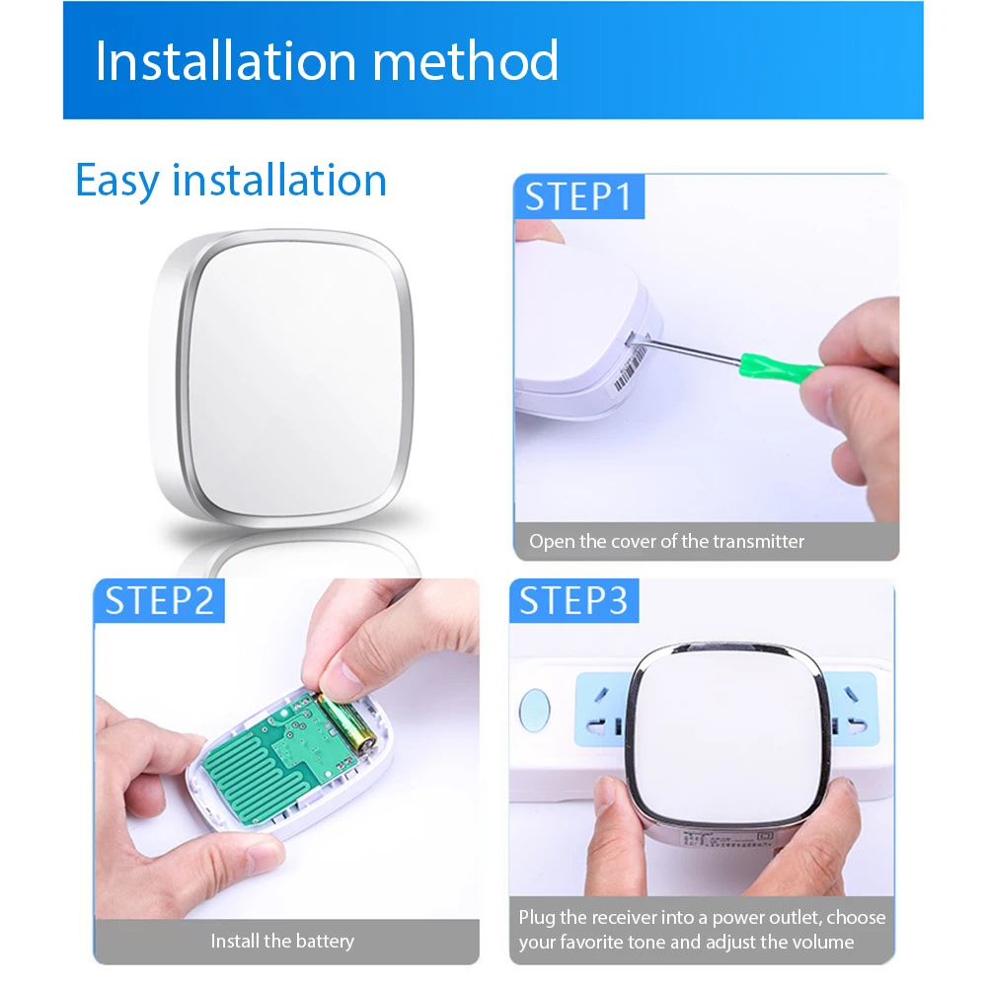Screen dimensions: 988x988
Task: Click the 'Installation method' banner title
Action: [327, 61]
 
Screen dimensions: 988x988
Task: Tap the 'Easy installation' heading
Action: [231, 181]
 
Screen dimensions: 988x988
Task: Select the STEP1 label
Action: [578, 196]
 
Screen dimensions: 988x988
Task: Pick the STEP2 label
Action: [160, 600]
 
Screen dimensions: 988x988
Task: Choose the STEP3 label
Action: [573, 600]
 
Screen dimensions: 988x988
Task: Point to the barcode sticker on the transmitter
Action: [630, 368]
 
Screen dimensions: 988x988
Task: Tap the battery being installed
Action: [346, 722]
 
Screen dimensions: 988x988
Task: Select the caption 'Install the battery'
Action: [282, 941]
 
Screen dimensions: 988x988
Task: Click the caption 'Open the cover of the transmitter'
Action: [666, 541]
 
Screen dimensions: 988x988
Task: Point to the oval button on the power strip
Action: [534, 710]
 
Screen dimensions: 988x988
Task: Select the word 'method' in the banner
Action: [466, 61]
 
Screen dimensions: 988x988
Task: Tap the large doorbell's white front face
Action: [296, 378]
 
